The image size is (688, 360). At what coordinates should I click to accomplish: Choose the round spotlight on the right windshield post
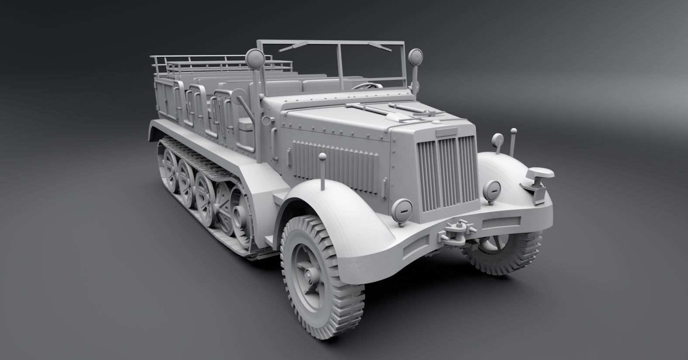tap(415, 55)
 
